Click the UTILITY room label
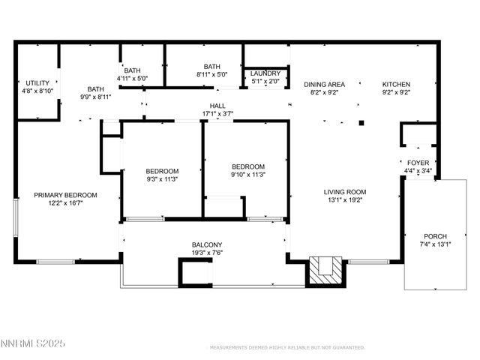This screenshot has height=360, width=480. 37,82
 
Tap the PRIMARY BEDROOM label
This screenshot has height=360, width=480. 65,195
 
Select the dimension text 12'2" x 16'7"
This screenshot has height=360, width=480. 65,203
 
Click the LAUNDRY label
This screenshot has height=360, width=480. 265,73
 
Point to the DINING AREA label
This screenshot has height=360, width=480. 324,84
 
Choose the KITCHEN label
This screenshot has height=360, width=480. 397,84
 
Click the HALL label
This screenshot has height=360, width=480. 218,106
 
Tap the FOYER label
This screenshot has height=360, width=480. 418,163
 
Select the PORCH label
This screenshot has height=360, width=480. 435,235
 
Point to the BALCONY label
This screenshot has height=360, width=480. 206,244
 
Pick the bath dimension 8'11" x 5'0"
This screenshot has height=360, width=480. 211,75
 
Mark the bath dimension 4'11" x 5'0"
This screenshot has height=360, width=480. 132,78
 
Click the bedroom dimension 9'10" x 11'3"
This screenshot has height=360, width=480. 247,175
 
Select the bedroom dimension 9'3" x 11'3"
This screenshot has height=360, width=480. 163,178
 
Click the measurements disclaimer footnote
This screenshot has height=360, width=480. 285,348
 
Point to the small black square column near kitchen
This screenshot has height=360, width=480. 361,122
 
